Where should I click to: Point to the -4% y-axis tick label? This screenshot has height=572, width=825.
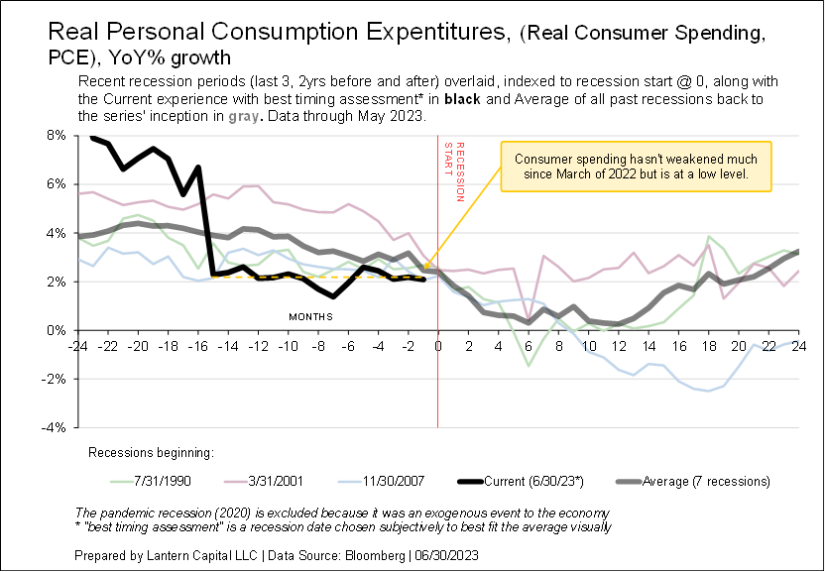56,427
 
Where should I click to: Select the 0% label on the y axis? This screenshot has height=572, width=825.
59,330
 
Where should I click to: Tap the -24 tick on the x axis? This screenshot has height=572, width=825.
75,346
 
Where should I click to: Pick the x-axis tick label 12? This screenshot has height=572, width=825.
619,346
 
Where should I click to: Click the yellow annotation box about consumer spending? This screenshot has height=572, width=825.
636,166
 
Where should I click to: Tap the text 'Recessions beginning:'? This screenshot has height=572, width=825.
151,453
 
